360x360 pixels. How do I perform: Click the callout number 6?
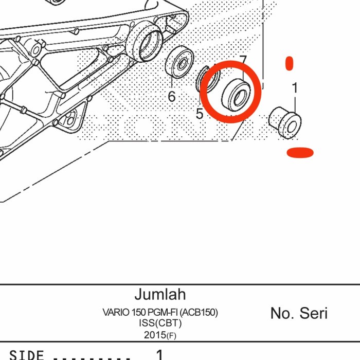(x=172, y=96)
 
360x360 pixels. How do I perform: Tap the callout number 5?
(x=200, y=114)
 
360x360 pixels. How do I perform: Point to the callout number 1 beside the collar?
(x=295, y=88)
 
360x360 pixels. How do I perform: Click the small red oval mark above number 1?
(x=290, y=64)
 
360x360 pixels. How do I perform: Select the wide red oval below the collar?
(x=300, y=152)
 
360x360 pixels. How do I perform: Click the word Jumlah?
(x=160, y=295)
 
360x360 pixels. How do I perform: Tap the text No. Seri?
(x=299, y=313)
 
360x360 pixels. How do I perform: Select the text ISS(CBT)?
(x=160, y=323)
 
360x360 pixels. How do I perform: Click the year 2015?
(x=155, y=334)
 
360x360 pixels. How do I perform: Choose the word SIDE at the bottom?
(x=27, y=355)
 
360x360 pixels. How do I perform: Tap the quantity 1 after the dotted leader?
(x=159, y=354)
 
